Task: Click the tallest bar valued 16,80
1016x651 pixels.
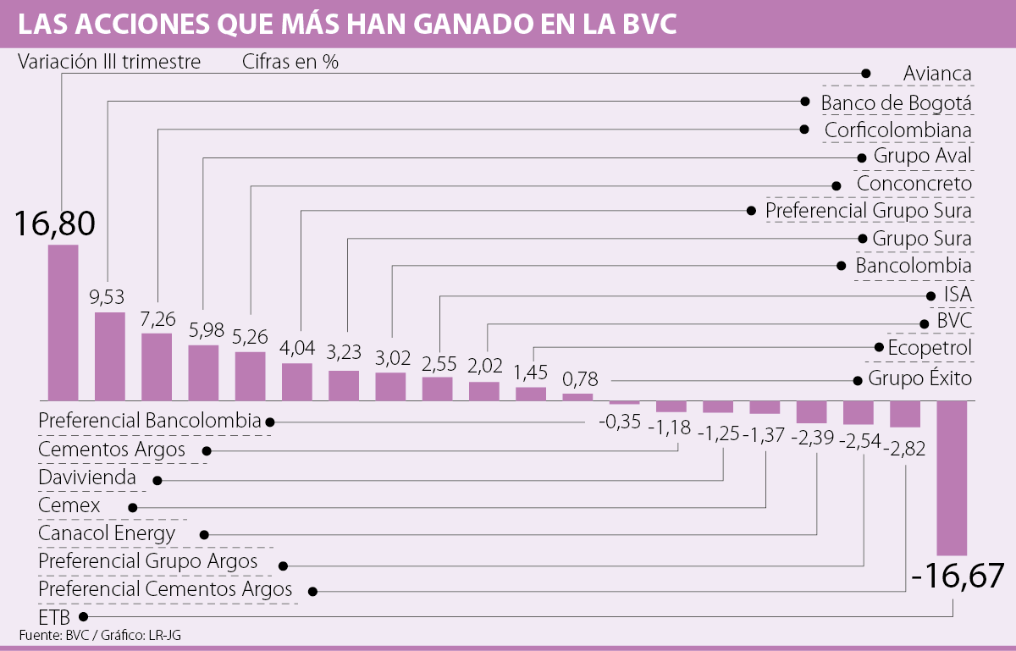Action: (x=63, y=322)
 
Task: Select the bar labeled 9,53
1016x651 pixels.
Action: (x=109, y=356)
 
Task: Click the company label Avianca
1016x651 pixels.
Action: (x=937, y=73)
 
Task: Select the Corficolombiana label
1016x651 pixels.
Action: (x=898, y=130)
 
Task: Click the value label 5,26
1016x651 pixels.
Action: (x=251, y=338)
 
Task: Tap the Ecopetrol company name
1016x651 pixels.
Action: (x=930, y=347)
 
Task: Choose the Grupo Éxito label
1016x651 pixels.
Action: (x=919, y=378)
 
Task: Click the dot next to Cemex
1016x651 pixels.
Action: (x=133, y=507)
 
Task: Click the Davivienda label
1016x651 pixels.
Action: (x=87, y=477)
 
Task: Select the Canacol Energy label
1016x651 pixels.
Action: (x=107, y=533)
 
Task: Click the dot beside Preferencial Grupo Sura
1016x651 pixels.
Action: (x=750, y=210)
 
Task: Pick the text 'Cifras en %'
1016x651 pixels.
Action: (x=290, y=62)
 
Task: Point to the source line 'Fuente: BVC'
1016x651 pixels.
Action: (x=52, y=635)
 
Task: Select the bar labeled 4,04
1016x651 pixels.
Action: (x=297, y=381)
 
